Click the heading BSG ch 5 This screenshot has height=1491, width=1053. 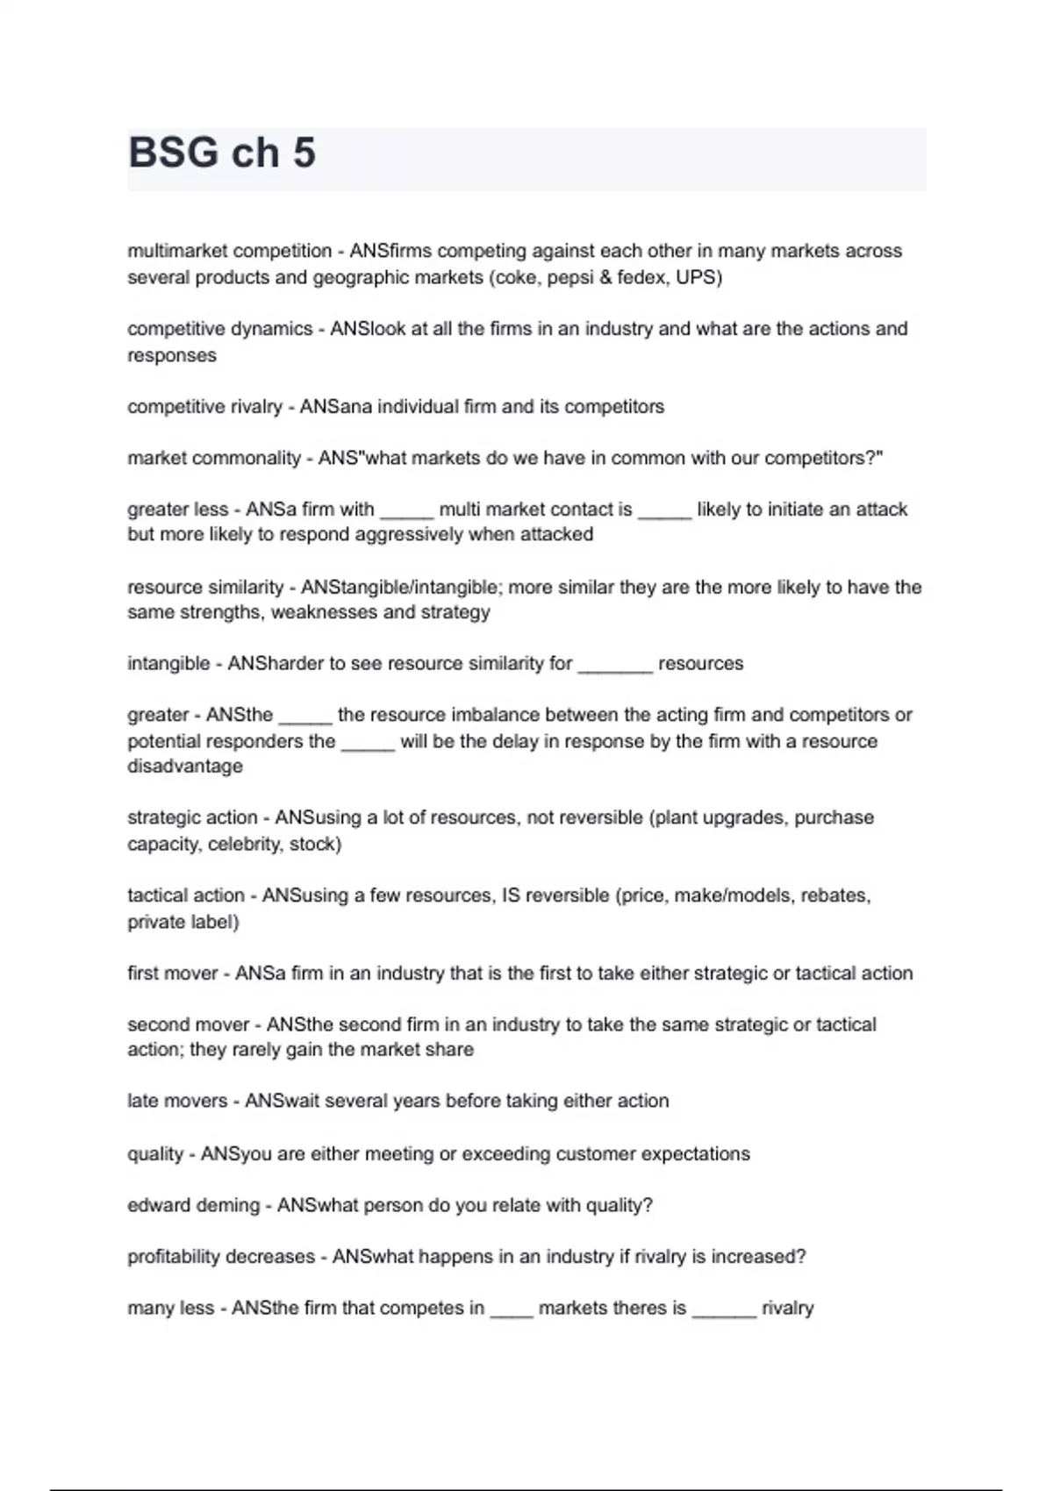click(x=222, y=153)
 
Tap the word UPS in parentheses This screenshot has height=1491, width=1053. click(x=698, y=278)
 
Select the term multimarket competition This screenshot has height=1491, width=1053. click(x=229, y=251)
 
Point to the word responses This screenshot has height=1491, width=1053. click(x=172, y=355)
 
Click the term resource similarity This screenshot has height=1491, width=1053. click(x=205, y=587)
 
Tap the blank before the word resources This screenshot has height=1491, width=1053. click(x=615, y=664)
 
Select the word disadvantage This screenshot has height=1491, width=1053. click(x=185, y=766)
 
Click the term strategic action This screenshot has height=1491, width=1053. click(x=192, y=817)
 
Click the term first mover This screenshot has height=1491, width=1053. click(x=172, y=973)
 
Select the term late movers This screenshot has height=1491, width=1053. click(x=177, y=1101)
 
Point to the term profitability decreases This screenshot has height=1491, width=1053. click(x=221, y=1256)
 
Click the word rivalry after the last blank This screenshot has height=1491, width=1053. click(x=787, y=1308)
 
